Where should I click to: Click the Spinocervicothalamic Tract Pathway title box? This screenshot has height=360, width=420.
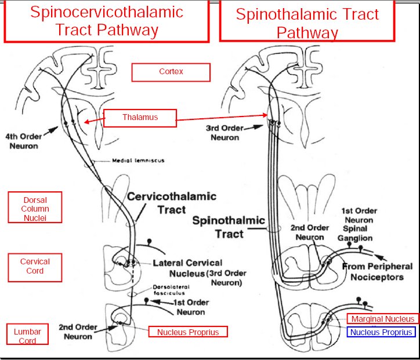pyautogui.click(x=106, y=21)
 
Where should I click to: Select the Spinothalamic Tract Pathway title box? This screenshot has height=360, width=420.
pyautogui.click(x=307, y=21)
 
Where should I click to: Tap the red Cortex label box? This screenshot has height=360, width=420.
pyautogui.click(x=171, y=72)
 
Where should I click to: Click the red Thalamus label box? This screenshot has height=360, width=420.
pyautogui.click(x=139, y=118)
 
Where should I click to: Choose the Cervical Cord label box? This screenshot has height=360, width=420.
pyautogui.click(x=35, y=266)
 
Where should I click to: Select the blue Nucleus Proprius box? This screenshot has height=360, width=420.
pyautogui.click(x=381, y=332)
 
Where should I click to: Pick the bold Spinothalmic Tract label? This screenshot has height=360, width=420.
pyautogui.click(x=228, y=227)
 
